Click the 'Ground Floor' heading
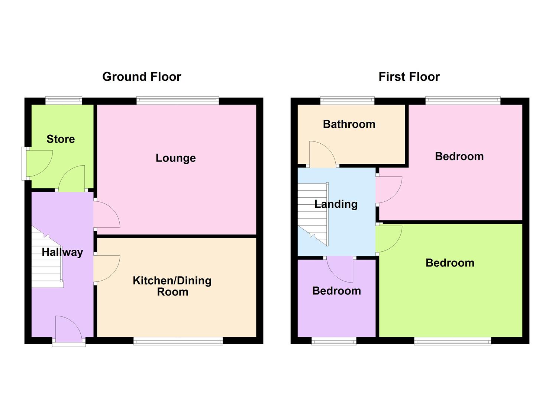tap(142, 77)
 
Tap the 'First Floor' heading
tap(409, 77)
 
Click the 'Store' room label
tap(61, 139)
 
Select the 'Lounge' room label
tap(175, 158)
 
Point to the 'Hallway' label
tap(62, 252)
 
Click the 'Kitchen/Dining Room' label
tap(172, 286)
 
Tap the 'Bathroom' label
tap(349, 124)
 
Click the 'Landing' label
tap(336, 204)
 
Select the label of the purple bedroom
tap(336, 291)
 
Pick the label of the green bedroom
tap(450, 263)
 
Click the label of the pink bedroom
tap(459, 156)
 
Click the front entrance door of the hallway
tap(68, 330)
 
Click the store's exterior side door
tap(39, 164)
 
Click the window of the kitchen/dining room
tap(178, 341)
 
